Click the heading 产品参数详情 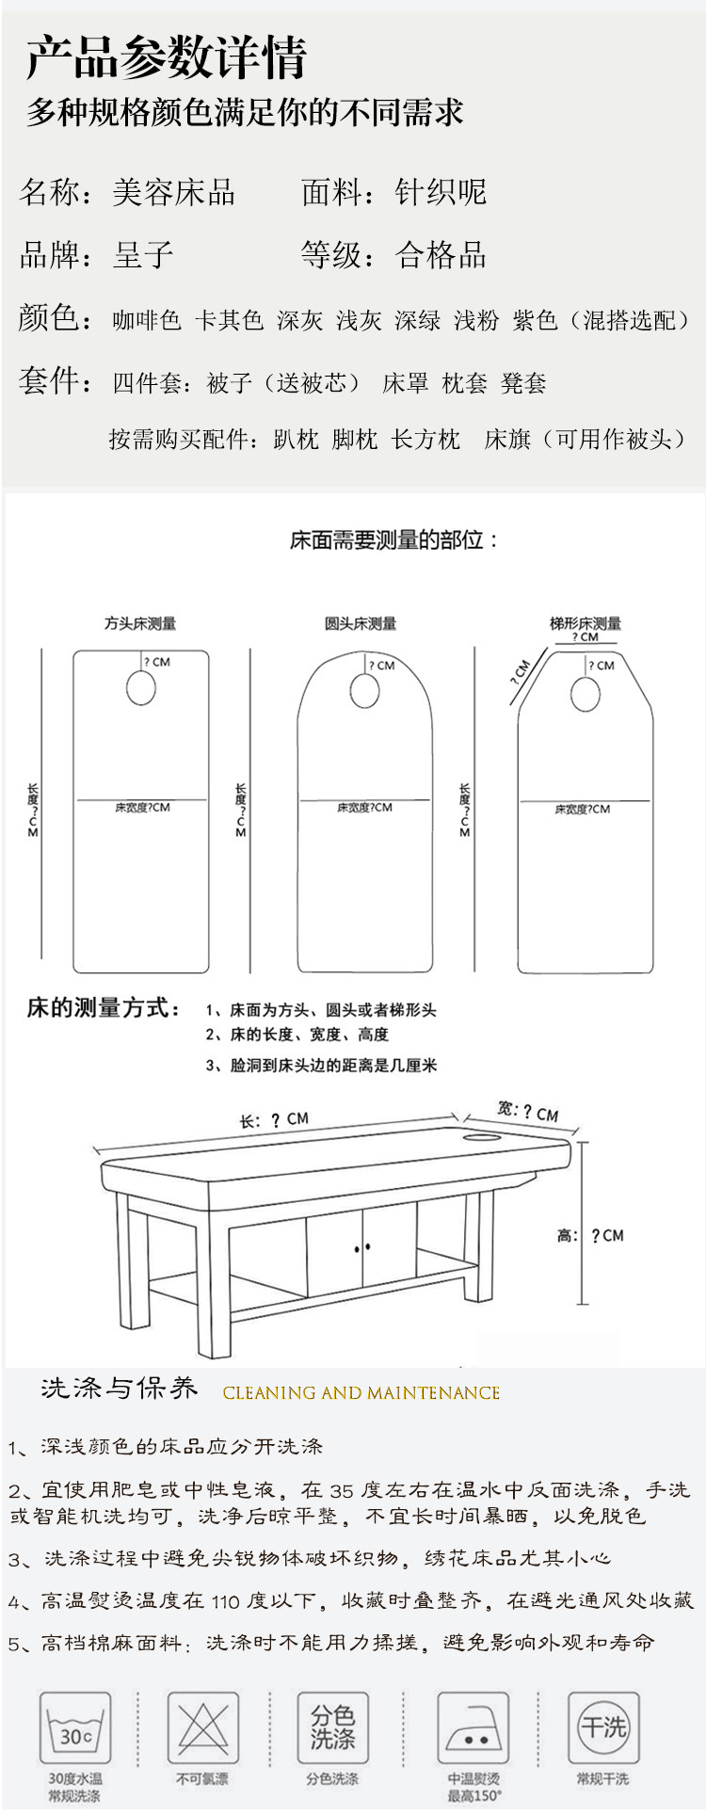(167, 58)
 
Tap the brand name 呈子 (143, 254)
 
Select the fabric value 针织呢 (441, 192)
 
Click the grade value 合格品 (441, 254)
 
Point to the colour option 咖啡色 (147, 320)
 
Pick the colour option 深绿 (418, 320)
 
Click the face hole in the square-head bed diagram (140, 689)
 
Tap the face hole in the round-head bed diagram (363, 694)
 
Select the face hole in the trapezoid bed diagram (585, 695)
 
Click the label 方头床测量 (140, 623)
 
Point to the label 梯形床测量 (585, 623)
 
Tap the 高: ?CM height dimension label (590, 1235)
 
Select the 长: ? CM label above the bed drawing (273, 1119)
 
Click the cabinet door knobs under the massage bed (362, 1248)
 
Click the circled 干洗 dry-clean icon (602, 1727)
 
